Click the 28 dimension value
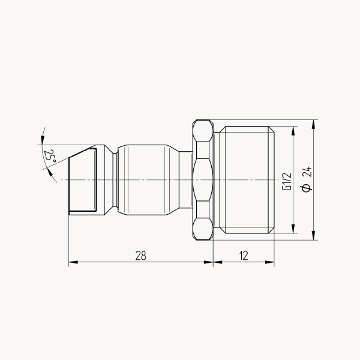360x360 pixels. coord(140,256)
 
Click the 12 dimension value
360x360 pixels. coord(244,256)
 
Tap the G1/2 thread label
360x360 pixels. coord(287,181)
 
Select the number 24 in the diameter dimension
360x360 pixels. coord(307,172)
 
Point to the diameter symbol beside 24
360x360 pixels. coord(307,188)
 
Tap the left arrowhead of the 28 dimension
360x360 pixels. coord(73,262)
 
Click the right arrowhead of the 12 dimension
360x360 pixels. coord(270,262)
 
